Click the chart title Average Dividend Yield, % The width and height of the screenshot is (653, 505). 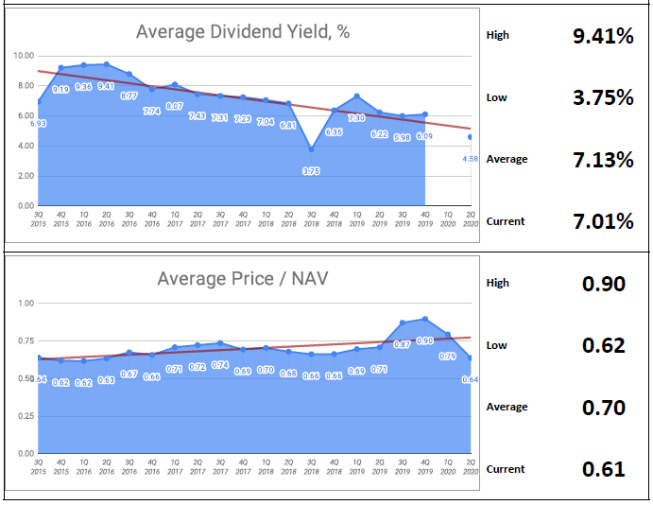(243, 31)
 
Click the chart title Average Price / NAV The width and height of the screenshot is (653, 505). (243, 278)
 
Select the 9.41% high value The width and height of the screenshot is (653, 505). (603, 37)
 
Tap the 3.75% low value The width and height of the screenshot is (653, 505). (603, 98)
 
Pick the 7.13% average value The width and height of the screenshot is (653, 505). (603, 160)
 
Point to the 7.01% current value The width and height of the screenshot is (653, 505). (603, 222)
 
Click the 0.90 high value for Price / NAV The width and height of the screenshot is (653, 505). (604, 284)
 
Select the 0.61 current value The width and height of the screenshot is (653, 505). (604, 469)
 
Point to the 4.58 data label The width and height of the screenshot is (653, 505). (470, 158)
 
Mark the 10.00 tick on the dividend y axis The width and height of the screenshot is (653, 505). (24, 56)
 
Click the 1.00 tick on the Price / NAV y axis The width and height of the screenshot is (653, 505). (26, 304)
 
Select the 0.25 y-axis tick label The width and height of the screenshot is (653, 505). (26, 417)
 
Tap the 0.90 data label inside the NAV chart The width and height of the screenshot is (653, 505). (424, 340)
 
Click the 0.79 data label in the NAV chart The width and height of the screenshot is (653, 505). (448, 356)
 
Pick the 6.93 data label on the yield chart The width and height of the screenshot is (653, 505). (38, 123)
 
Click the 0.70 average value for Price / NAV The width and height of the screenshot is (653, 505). (604, 408)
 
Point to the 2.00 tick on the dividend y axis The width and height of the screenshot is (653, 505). (26, 177)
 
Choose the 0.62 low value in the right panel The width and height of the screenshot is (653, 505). (604, 346)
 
